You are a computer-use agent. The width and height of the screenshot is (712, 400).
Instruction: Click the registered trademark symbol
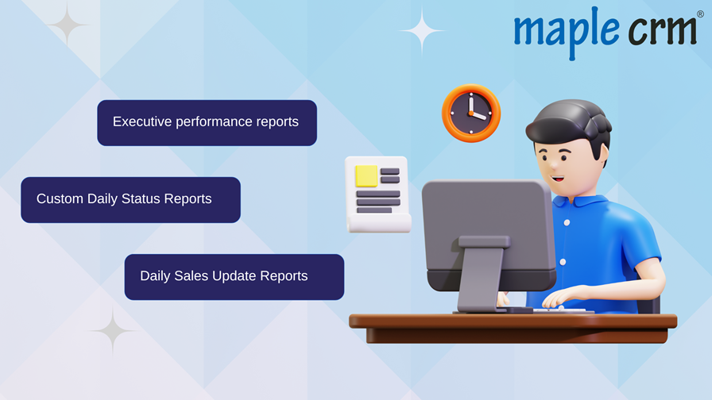coord(700,14)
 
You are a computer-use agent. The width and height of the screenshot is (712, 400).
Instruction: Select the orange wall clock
coord(471,113)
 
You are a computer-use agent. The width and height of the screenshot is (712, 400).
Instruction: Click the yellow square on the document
coord(366,176)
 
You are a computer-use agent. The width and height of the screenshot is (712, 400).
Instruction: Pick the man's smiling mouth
coord(558,179)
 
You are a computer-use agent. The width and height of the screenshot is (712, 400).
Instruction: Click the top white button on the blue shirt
coord(567,223)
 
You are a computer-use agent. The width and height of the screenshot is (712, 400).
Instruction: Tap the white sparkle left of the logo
coord(422,31)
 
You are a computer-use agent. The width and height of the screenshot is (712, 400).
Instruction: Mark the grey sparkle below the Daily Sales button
coord(113,331)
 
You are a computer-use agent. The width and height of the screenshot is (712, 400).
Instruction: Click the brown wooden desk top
coord(513,321)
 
